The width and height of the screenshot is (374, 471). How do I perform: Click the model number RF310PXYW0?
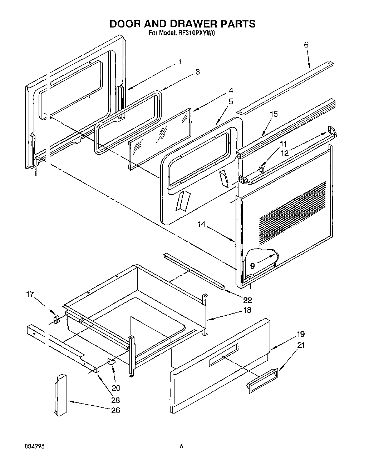(195, 34)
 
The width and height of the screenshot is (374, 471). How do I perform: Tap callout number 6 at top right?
(306, 45)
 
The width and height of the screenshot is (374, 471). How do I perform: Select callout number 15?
(274, 114)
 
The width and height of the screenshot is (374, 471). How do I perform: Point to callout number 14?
(202, 224)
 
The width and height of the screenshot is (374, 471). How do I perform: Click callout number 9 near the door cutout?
(252, 266)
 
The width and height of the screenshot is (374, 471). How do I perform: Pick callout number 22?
(247, 300)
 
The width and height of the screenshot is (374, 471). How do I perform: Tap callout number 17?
(30, 295)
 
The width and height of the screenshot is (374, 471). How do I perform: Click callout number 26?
(115, 410)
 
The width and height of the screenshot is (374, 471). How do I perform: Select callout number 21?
(301, 345)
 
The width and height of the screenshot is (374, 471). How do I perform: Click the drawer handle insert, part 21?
(262, 381)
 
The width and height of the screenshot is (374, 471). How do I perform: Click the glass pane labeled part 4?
(159, 139)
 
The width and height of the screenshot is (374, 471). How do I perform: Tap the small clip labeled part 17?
(56, 319)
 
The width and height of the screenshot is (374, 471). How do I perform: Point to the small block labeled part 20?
(112, 361)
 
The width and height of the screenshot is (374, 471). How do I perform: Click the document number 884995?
(35, 446)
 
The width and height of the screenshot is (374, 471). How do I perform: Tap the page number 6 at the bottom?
(181, 446)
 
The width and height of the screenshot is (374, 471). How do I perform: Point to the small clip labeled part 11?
(262, 169)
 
